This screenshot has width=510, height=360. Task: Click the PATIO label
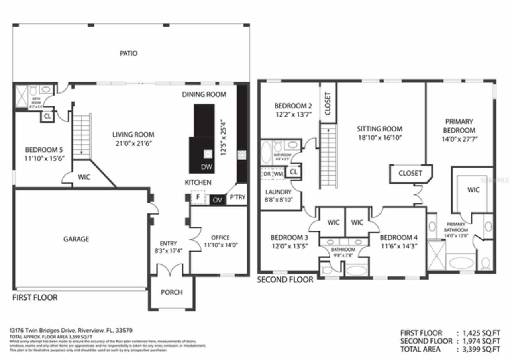click(129, 53)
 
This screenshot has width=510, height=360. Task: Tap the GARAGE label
click(76, 239)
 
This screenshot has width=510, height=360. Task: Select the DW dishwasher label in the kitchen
click(206, 167)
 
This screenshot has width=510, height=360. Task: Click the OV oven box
click(217, 200)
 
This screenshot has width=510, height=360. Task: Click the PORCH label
click(172, 292)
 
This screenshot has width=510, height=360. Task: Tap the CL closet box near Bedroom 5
click(47, 116)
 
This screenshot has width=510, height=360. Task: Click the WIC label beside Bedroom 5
click(84, 177)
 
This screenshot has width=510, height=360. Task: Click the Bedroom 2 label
click(293, 106)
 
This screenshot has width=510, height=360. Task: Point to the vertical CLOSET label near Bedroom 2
click(328, 104)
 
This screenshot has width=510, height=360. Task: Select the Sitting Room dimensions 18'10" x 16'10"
click(379, 137)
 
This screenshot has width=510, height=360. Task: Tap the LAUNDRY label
click(278, 192)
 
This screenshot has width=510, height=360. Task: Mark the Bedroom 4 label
click(398, 237)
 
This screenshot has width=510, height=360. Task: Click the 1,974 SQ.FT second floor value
click(481, 341)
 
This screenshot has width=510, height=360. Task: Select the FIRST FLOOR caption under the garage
click(35, 297)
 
